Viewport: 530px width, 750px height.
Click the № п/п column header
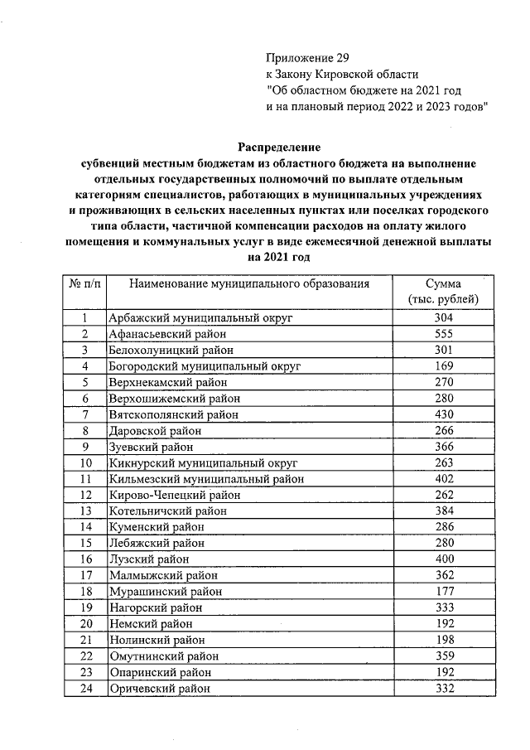point(85,284)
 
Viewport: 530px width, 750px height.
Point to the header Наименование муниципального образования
point(249,284)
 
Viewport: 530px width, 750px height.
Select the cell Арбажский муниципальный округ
point(201,317)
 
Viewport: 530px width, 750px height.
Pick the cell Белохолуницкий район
point(170,350)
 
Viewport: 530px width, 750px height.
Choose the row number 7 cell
point(85,414)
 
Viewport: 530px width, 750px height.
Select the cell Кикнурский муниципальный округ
point(203,462)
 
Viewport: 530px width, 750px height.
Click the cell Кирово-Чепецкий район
point(174,495)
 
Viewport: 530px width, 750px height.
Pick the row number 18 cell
point(85,592)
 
